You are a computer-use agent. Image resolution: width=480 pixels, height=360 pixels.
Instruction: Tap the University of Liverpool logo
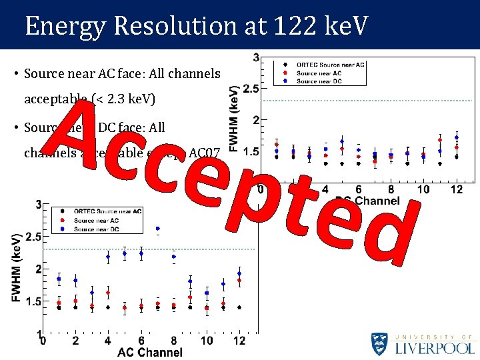pyautogui.click(x=423, y=344)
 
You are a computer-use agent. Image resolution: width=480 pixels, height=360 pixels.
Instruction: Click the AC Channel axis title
pyautogui.click(x=149, y=352)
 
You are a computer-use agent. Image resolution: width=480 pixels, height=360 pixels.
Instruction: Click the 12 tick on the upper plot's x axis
pyautogui.click(x=456, y=190)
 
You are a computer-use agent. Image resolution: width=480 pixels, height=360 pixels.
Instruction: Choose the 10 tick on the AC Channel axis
pyautogui.click(x=207, y=341)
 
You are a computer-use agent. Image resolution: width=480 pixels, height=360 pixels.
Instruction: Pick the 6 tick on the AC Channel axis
pyautogui.click(x=141, y=341)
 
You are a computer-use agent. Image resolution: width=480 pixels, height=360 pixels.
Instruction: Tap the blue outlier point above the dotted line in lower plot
pyautogui.click(x=157, y=229)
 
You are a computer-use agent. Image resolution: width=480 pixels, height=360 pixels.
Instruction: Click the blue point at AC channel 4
pyautogui.click(x=108, y=257)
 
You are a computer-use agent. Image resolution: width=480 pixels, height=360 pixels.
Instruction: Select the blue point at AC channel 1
pyautogui.click(x=59, y=279)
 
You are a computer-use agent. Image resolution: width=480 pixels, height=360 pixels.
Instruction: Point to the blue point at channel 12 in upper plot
pyautogui.click(x=457, y=137)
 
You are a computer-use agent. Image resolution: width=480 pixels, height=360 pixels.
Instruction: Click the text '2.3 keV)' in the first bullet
pyautogui.click(x=132, y=100)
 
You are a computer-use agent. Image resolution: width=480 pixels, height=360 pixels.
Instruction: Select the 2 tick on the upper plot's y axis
pyautogui.click(x=255, y=120)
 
